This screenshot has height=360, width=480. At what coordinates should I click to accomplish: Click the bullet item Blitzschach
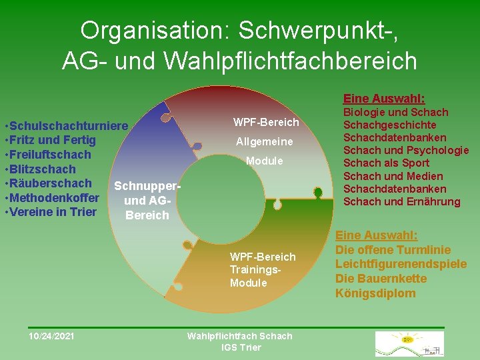point(41,169)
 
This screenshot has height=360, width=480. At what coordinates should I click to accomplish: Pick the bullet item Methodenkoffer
point(54,198)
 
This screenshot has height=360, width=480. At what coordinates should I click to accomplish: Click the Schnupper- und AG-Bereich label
point(147,200)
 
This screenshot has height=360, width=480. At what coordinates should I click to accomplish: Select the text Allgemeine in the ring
point(265,141)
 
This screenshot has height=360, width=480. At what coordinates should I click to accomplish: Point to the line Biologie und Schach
point(395,112)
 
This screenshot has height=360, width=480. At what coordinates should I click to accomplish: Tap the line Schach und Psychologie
point(405,150)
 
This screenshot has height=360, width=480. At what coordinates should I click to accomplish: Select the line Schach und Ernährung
point(401,201)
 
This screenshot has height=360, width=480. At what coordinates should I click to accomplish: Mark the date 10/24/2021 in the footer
point(51,336)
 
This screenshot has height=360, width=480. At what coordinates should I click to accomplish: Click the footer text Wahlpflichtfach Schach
point(240,336)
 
